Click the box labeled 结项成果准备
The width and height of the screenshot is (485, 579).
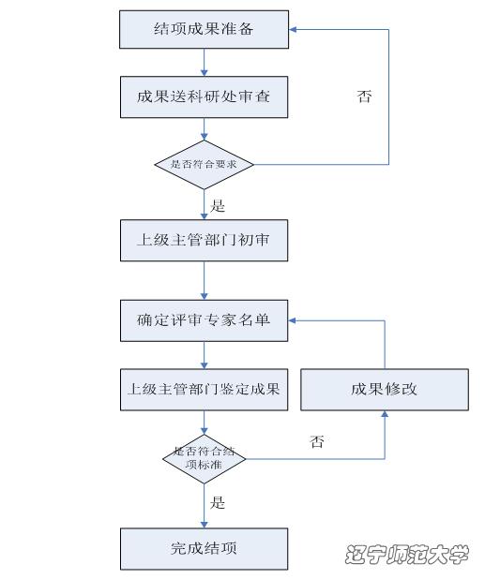pyautogui.click(x=205, y=29)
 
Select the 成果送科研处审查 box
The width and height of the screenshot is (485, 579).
pyautogui.click(x=205, y=97)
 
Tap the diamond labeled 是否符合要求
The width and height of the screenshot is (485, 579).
pyautogui.click(x=205, y=164)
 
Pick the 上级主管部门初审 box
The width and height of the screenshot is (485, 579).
pyautogui.click(x=205, y=241)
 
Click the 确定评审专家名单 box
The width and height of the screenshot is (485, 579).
pyautogui.click(x=205, y=320)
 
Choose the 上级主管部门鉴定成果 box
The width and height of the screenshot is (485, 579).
pyautogui.click(x=205, y=390)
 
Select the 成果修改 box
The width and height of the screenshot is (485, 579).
pyautogui.click(x=385, y=390)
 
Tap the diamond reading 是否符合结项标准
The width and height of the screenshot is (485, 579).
pyautogui.click(x=205, y=459)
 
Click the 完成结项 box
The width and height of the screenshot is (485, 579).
pyautogui.click(x=205, y=549)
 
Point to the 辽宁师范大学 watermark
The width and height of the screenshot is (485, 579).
pyautogui.click(x=407, y=554)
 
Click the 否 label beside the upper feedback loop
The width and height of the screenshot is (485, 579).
pyautogui.click(x=364, y=96)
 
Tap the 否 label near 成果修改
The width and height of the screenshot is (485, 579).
pyautogui.click(x=317, y=441)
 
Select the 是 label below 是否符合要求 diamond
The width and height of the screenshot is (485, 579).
pyautogui.click(x=218, y=206)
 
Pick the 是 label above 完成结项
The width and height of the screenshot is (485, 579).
pyautogui.click(x=218, y=502)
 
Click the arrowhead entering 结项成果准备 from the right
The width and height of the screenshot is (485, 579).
pyautogui.click(x=293, y=30)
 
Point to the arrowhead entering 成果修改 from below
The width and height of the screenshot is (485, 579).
pyautogui.click(x=385, y=414)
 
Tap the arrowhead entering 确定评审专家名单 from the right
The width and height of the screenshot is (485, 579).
pyautogui.click(x=292, y=320)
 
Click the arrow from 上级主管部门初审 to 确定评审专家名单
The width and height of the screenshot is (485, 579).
pyautogui.click(x=205, y=281)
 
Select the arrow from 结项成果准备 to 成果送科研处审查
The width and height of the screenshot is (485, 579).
pyautogui.click(x=205, y=63)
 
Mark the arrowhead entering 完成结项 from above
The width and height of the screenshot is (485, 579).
pyautogui.click(x=205, y=525)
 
